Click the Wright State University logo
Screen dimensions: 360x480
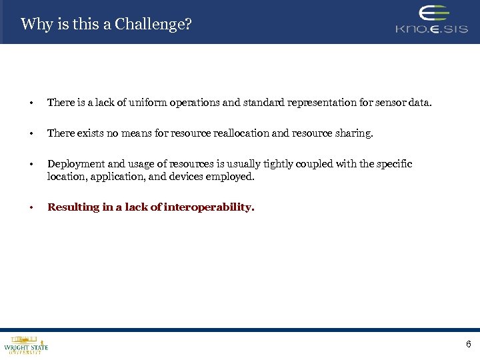26,345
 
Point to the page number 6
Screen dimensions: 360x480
468,345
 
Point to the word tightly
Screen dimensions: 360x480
292,164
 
